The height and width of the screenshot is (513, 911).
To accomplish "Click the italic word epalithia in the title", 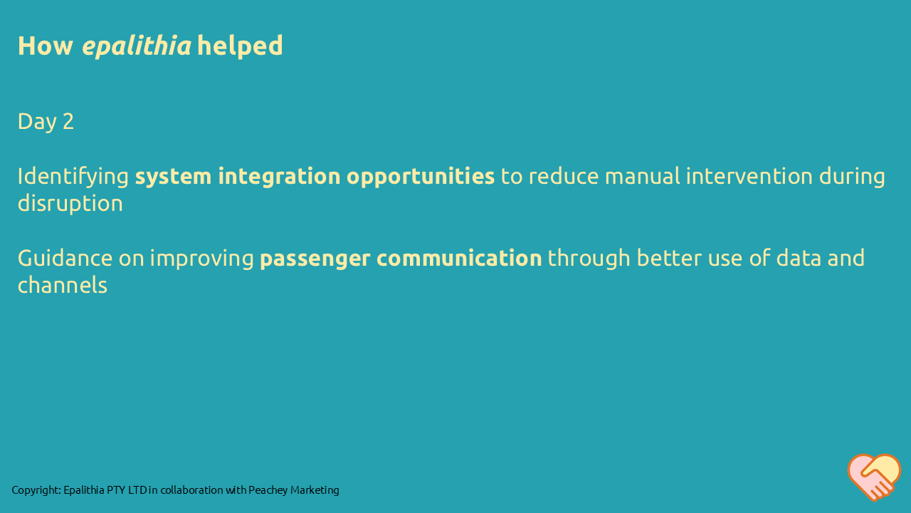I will [137, 46].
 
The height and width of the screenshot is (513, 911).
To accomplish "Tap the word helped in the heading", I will [240, 46].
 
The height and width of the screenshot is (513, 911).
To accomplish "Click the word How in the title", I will [46, 46].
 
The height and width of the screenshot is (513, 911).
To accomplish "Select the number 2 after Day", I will [68, 121].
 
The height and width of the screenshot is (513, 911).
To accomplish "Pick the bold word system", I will [174, 177].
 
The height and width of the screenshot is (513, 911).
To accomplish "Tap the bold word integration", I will [279, 177].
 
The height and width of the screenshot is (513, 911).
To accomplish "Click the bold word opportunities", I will [420, 177].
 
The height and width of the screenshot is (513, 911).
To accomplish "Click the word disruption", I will [70, 204].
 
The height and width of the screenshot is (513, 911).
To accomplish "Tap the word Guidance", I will [65, 258].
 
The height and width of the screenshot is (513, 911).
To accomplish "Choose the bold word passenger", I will [315, 259].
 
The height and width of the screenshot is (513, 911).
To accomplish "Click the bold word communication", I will [459, 258].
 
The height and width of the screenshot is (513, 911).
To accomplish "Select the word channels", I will [62, 286].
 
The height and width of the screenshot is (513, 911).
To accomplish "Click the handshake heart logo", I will [874, 477].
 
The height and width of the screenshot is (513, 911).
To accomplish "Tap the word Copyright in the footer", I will [36, 490].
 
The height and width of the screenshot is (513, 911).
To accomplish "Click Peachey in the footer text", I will [267, 490].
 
